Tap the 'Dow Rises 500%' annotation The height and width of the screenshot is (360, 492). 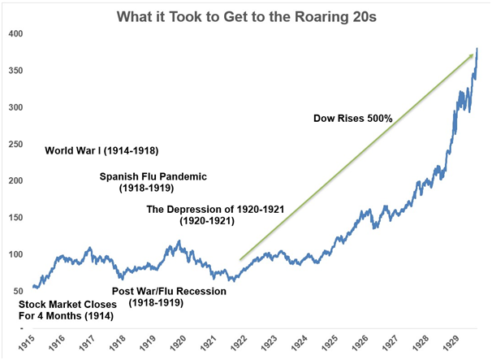pyautogui.click(x=353, y=118)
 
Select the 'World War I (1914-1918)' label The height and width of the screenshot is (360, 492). pyautogui.click(x=101, y=150)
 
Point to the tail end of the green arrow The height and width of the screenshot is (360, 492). pyautogui.click(x=240, y=260)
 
